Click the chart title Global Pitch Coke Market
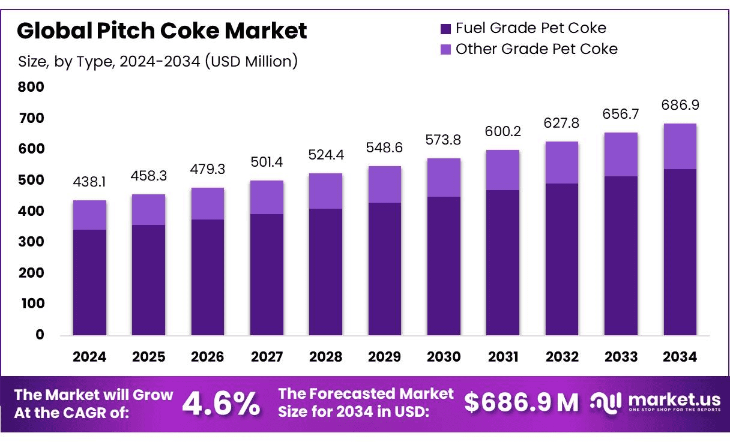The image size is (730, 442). coord(162,31)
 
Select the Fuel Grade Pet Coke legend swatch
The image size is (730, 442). coord(445,28)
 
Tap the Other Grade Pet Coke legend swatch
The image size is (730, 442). coord(445,49)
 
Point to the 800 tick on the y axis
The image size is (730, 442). coord(31,87)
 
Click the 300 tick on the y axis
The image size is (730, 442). coord(31,242)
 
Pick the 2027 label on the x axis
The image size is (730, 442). coord(267,357)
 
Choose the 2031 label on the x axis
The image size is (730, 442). coord(503,357)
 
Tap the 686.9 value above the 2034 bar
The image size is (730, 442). coord(680,105)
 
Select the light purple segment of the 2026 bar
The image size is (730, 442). coord(208,204)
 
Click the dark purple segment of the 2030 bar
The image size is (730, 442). coord(444,266)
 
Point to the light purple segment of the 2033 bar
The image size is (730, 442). coord(621,154)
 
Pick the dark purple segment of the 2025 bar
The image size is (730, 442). coord(149,279)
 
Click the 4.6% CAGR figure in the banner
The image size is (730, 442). coord(221,404)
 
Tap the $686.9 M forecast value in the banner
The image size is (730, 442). coord(521,403)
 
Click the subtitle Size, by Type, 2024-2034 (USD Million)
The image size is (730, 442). coord(158,61)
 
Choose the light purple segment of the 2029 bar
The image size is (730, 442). coord(385,184)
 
